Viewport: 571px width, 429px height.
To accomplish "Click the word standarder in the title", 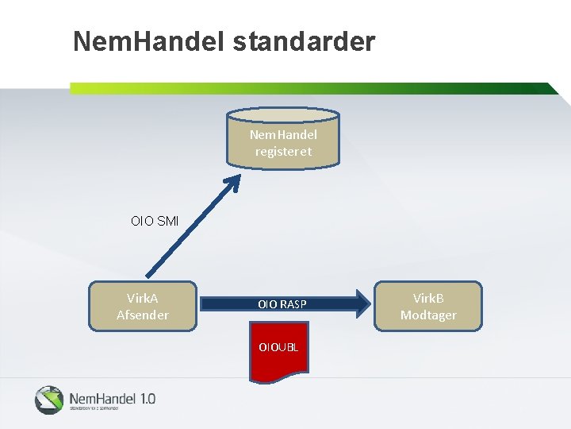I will (x=304, y=41).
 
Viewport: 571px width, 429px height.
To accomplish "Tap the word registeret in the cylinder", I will (x=283, y=151).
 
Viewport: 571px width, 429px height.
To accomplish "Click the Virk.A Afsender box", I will (x=143, y=306).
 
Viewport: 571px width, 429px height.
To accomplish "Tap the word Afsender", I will (x=143, y=315).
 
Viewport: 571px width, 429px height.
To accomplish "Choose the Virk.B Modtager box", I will (x=428, y=306).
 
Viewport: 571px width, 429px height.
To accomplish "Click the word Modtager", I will (x=428, y=315).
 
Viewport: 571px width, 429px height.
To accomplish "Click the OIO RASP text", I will (x=282, y=304).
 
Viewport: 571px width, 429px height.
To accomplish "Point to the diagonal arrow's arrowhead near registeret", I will (x=232, y=181).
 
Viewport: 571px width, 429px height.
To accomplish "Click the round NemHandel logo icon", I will (x=48, y=400).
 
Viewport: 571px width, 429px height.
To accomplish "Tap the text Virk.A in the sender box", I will (x=143, y=298).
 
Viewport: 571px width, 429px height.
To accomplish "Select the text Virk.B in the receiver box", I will (x=428, y=298).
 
